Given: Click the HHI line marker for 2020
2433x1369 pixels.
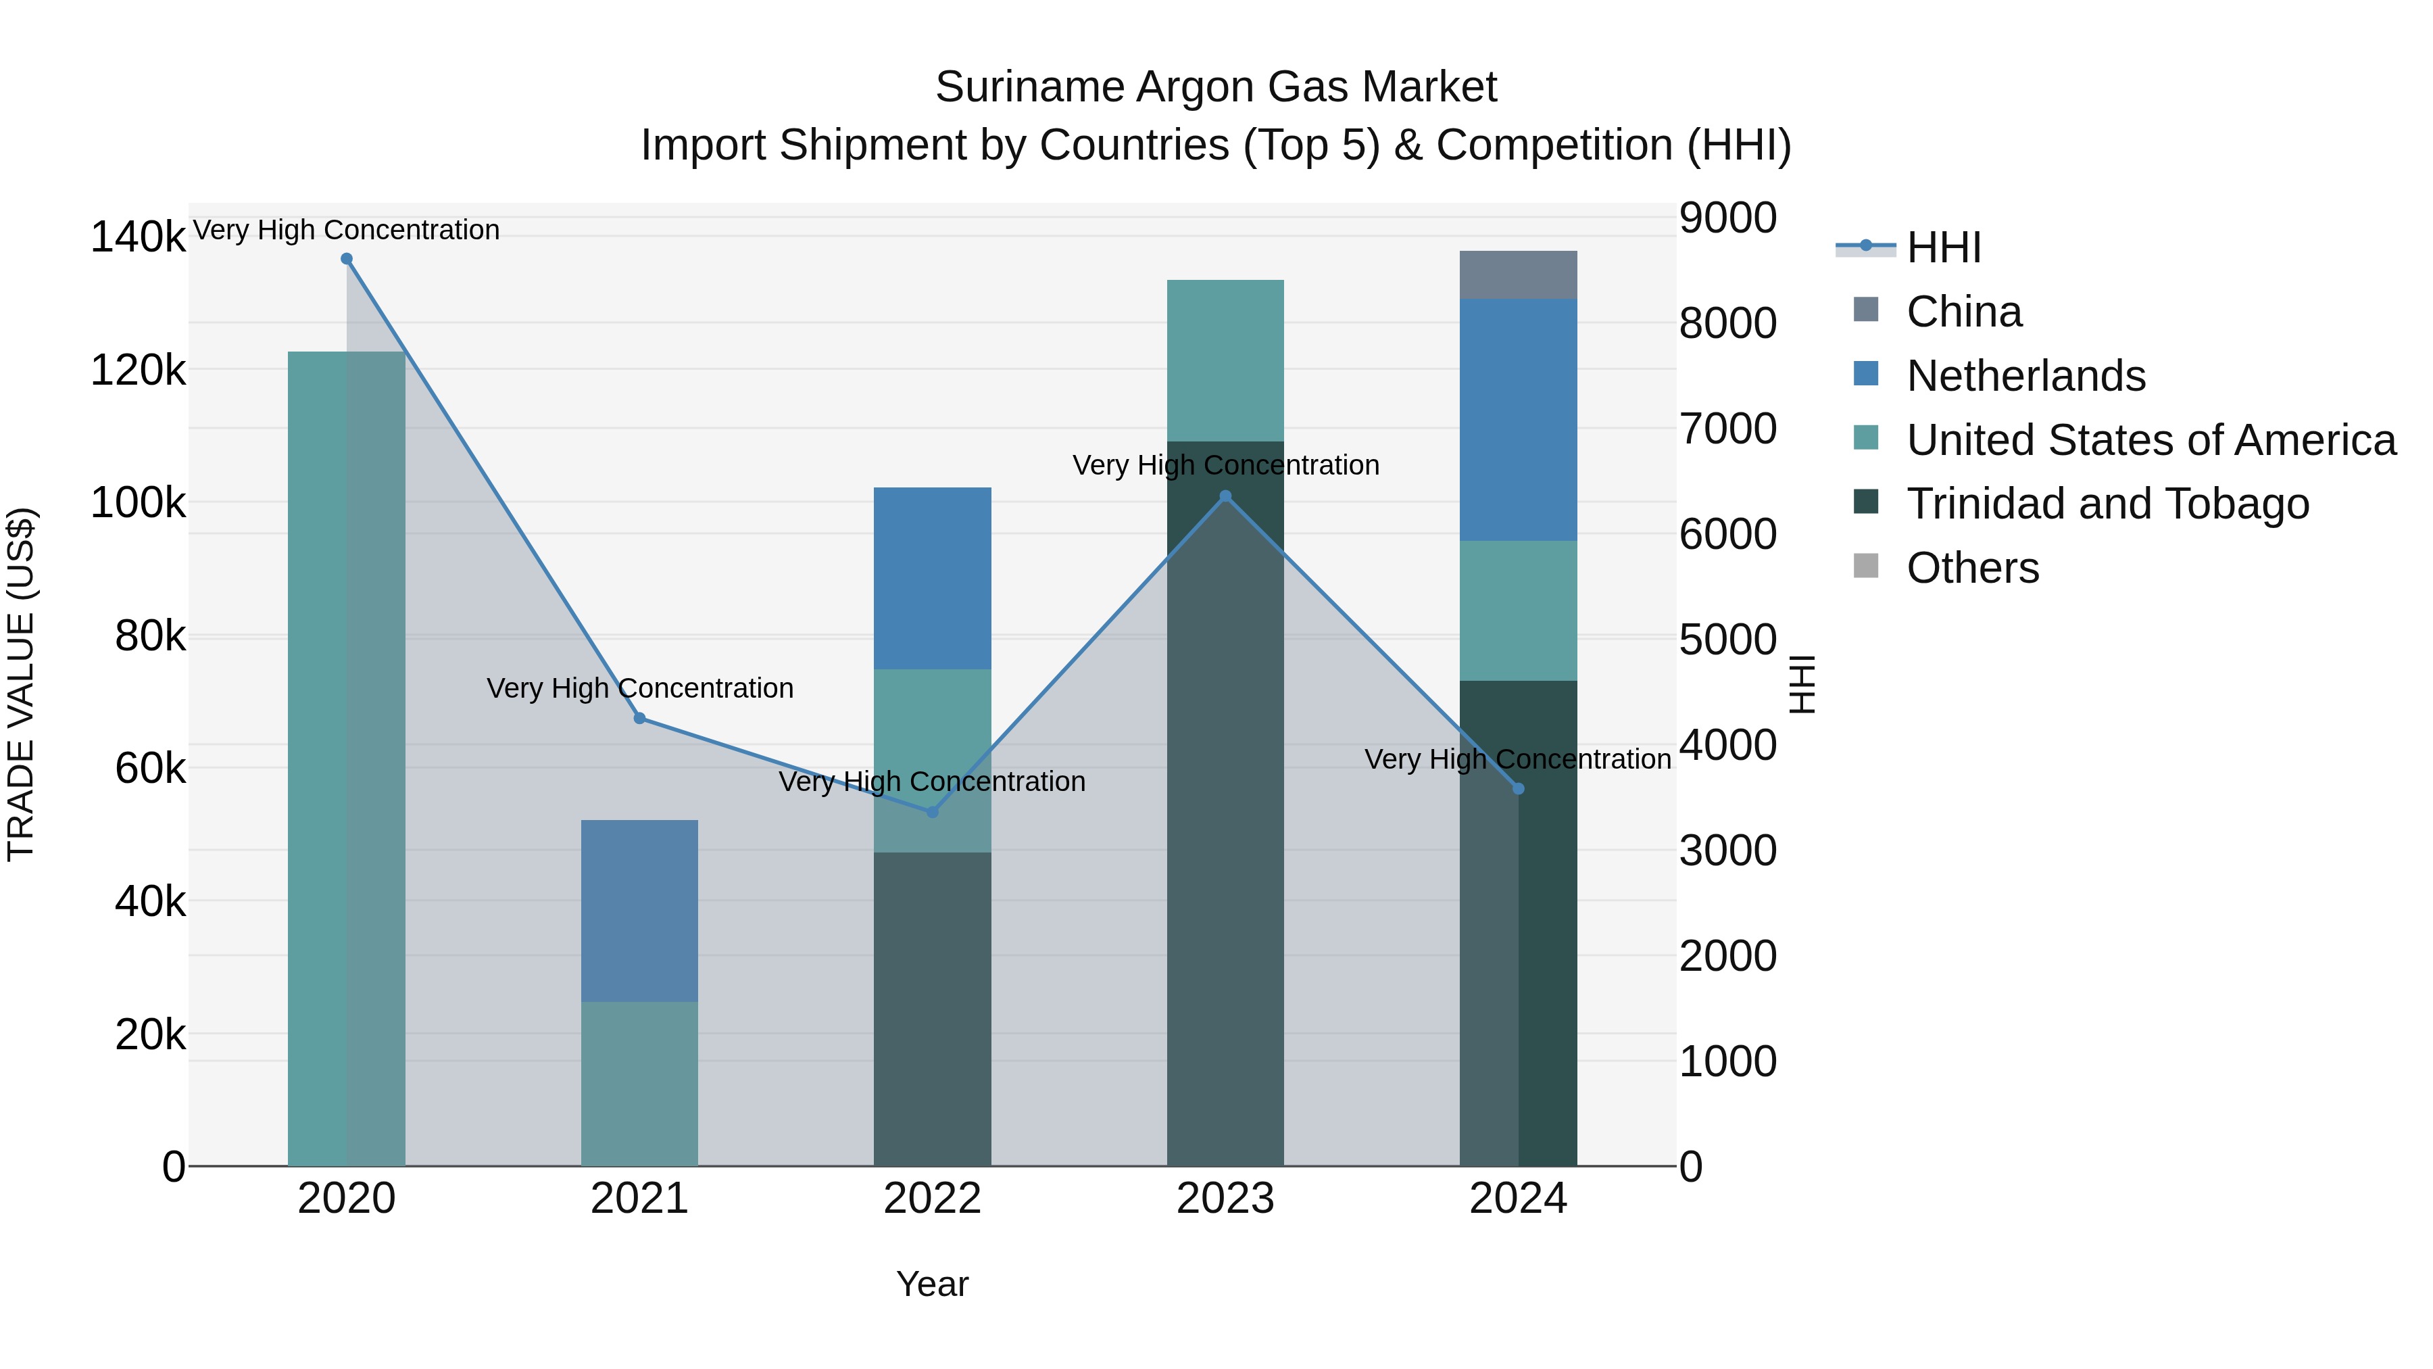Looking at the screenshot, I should click(347, 259).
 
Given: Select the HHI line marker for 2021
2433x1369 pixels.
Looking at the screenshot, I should click(639, 718).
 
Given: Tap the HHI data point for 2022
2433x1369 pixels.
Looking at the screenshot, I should click(932, 811).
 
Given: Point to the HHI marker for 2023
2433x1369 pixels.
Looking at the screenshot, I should click(1225, 496).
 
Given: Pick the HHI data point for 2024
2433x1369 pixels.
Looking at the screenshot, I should click(1518, 789).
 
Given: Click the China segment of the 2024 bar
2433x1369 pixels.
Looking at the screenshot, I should click(1518, 275).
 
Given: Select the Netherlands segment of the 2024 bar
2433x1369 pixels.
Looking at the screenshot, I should click(1518, 419).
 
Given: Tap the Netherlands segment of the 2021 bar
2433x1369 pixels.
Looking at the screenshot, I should click(639, 911).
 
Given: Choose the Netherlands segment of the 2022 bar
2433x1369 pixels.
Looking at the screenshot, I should click(932, 578).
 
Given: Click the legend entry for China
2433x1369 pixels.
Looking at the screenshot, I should click(1963, 312).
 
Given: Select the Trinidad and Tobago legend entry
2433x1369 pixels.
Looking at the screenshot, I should click(2107, 504).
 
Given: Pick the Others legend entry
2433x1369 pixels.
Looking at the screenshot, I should click(1972, 568).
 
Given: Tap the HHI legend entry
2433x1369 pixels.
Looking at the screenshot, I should click(1943, 247).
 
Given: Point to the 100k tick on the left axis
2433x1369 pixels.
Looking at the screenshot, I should click(138, 502).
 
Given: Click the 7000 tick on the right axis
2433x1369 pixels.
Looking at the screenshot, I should click(1727, 429).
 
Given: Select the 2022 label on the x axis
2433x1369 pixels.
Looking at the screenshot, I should click(932, 1199).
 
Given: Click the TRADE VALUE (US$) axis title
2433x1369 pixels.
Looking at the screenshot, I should click(21, 684).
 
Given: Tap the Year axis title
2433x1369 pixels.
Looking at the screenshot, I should click(932, 1284).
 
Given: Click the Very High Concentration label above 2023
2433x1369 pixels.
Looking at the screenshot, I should click(1225, 465).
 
